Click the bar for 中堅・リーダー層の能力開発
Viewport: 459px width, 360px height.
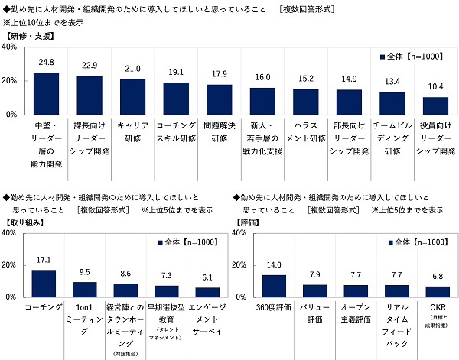point(47,93)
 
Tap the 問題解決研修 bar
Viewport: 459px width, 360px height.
point(219,99)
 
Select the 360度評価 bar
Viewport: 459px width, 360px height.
point(274,286)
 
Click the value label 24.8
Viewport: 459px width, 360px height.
point(47,63)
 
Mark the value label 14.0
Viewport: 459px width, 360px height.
point(274,264)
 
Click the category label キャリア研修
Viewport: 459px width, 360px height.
point(133,131)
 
